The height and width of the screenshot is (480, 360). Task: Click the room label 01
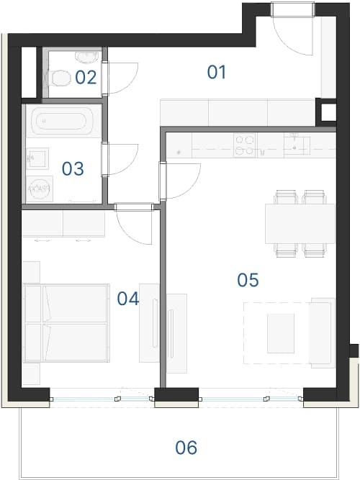217,72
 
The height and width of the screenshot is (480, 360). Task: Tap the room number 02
86,78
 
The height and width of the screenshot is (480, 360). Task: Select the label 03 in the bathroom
73,168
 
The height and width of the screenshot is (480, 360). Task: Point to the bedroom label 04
128,299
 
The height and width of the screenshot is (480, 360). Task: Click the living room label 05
248,280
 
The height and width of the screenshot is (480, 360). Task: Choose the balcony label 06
186,448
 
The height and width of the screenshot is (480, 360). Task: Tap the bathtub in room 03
61,122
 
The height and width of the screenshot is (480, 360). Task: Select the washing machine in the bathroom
40,189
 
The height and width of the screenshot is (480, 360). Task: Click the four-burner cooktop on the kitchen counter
245,145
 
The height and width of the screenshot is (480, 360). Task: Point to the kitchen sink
297,145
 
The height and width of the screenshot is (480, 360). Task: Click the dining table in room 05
300,224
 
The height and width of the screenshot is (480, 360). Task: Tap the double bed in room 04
66,323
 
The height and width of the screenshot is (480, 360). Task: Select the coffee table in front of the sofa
281,333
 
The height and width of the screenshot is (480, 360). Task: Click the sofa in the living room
323,332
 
